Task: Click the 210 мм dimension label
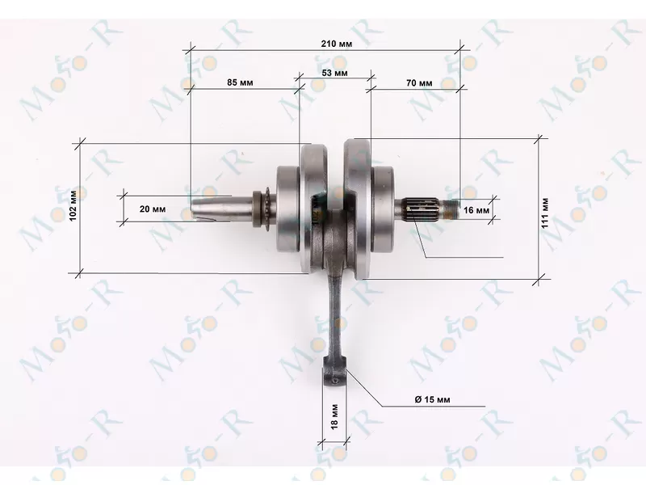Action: (336, 44)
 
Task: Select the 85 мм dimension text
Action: (240, 82)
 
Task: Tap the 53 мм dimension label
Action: (334, 73)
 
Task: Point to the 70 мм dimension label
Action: (419, 83)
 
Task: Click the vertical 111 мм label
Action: (545, 213)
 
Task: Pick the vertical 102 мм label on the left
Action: (73, 205)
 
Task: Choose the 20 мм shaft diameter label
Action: (153, 209)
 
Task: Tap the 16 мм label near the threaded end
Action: (476, 210)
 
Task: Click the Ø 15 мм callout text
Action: (432, 399)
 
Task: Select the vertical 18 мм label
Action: (334, 416)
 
